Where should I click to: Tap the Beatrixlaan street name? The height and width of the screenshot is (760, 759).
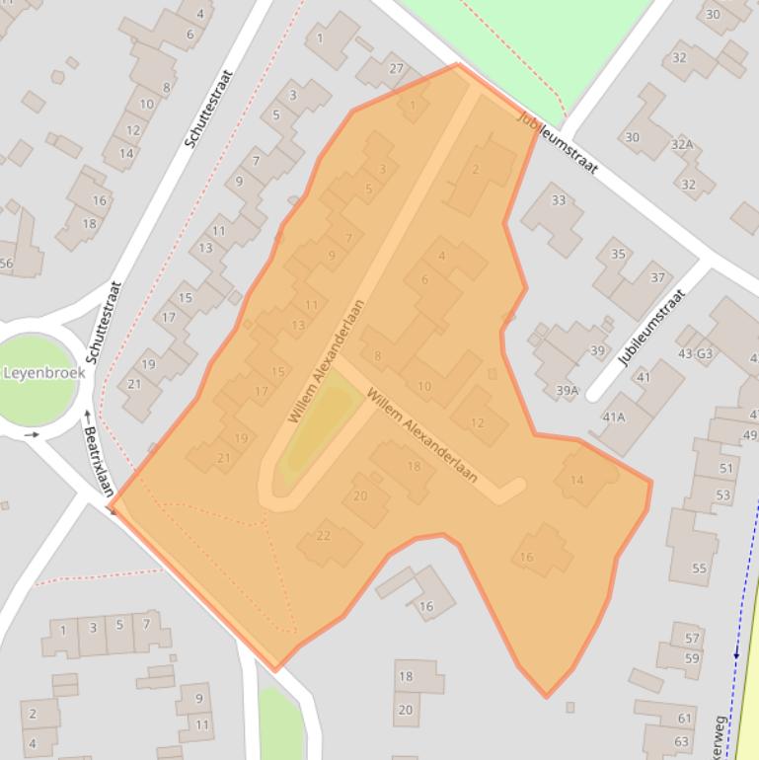pyautogui.click(x=100, y=461)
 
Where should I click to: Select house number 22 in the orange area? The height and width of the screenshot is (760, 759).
pyautogui.click(x=323, y=536)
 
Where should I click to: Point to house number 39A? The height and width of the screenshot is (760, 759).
pyautogui.click(x=567, y=391)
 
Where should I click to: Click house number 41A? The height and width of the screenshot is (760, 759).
pyautogui.click(x=614, y=418)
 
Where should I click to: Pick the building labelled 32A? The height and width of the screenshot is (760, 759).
pyautogui.click(x=681, y=145)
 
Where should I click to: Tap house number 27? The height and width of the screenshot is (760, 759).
pyautogui.click(x=397, y=68)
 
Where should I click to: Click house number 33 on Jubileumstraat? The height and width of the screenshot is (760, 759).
pyautogui.click(x=559, y=200)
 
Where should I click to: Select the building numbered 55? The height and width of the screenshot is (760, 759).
pyautogui.click(x=699, y=568)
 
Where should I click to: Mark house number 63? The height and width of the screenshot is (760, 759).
pyautogui.click(x=682, y=741)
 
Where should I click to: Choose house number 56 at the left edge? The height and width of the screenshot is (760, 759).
pyautogui.click(x=6, y=263)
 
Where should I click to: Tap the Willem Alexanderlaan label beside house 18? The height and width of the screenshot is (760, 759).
pyautogui.click(x=421, y=434)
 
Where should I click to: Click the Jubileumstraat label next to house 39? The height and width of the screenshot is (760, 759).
pyautogui.click(x=651, y=328)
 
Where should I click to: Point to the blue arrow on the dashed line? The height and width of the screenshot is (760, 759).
pyautogui.click(x=736, y=652)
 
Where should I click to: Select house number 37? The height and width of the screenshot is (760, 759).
pyautogui.click(x=657, y=277)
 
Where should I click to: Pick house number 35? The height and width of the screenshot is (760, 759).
pyautogui.click(x=618, y=254)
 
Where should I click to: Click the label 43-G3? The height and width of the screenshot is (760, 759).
pyautogui.click(x=695, y=353)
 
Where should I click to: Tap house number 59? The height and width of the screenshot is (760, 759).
pyautogui.click(x=691, y=658)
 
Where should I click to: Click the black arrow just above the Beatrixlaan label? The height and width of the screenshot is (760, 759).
pyautogui.click(x=88, y=415)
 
